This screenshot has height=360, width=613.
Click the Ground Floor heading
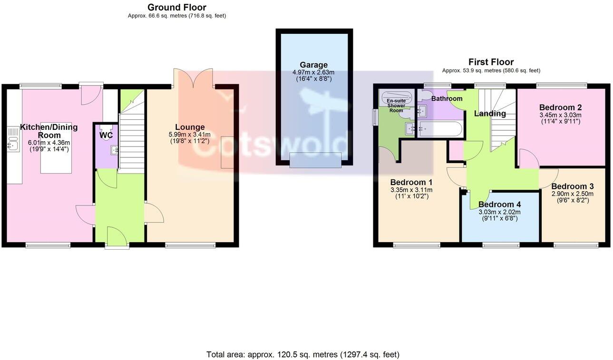click(176, 7)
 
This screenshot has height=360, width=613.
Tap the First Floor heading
click(491, 62)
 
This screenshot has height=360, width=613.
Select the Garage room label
click(313, 65)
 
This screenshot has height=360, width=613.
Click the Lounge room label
click(190, 127)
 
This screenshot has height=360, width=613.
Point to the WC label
click(106, 135)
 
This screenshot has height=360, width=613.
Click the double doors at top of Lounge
click(194, 78)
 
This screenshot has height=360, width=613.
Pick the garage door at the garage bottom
click(315, 161)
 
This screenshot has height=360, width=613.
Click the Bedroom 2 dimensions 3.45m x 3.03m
click(560, 115)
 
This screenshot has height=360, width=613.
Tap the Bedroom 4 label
click(499, 204)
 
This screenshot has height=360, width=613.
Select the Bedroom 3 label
click(573, 186)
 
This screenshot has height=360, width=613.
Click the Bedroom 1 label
click(411, 182)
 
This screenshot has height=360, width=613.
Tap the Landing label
click(490, 114)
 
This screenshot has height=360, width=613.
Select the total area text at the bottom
click(302, 354)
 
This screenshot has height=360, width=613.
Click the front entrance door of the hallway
click(117, 238)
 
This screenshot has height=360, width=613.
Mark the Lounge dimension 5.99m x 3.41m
click(190, 135)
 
